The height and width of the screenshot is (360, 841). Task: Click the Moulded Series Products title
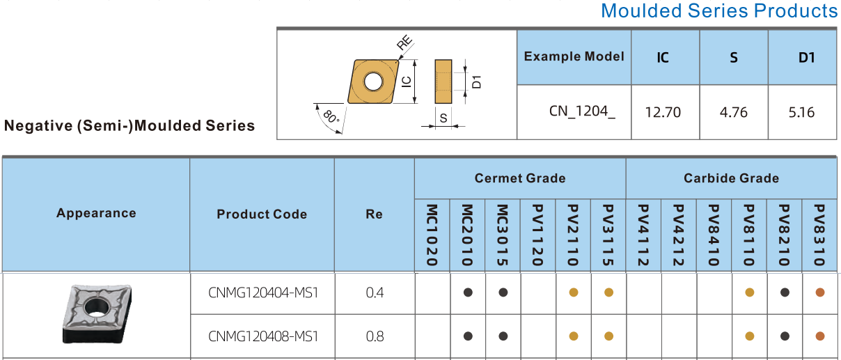click(x=719, y=11)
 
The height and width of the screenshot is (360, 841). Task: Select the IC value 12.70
click(x=663, y=112)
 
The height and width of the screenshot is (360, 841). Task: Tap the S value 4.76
click(x=734, y=112)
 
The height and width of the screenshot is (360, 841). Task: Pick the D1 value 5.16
click(x=801, y=112)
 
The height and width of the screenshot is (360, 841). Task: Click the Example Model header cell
click(x=574, y=56)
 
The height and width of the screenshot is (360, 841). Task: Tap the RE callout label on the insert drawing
click(x=404, y=44)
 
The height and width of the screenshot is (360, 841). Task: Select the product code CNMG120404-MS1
click(x=262, y=292)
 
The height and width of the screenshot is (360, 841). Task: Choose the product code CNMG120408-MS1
click(x=262, y=336)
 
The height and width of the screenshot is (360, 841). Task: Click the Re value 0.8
click(x=375, y=336)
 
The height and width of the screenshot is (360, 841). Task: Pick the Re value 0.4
click(x=375, y=292)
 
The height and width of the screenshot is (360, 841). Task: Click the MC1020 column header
click(x=432, y=235)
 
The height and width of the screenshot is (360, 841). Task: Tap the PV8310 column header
click(x=819, y=235)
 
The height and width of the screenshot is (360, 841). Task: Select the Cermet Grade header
click(x=520, y=178)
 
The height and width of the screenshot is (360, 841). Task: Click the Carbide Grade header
click(x=731, y=178)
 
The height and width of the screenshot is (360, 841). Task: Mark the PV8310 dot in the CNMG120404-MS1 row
click(x=820, y=292)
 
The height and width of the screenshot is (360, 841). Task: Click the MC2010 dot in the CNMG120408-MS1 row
click(x=468, y=336)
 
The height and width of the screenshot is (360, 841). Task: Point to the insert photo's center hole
click(x=93, y=307)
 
